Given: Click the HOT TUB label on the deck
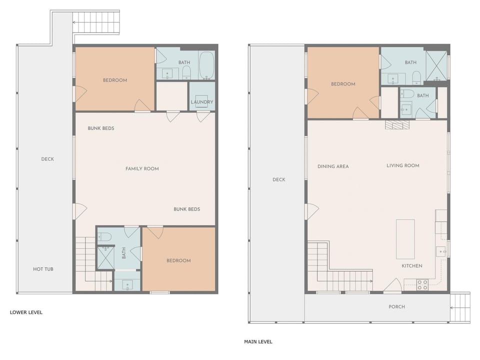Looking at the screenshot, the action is tap(43, 269).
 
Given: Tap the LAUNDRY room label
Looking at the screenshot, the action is tap(201, 102).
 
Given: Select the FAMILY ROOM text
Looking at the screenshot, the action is tap(142, 168).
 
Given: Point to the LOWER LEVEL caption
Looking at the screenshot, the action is tap(26, 312).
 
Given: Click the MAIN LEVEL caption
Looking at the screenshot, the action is tap(258, 341).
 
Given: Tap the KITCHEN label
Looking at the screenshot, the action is tap(412, 265).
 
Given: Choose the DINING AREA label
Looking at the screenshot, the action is tap(333, 166).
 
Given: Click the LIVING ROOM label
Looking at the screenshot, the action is tap(403, 165).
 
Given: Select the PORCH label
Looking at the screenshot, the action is tap(396, 306).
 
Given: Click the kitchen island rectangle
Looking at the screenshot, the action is tap(405, 239).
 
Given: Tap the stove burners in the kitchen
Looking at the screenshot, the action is tap(422, 285).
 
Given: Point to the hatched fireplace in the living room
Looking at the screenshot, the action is tap(397, 124).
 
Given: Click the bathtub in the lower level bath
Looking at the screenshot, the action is tap(206, 65).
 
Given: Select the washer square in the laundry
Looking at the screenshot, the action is tap(201, 101).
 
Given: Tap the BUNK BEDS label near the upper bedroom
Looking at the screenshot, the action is tap(101, 128).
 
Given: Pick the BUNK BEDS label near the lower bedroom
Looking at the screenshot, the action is tap(186, 209).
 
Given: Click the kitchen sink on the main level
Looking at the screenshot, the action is tap(441, 251).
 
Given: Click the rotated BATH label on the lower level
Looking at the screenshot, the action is tap(124, 253).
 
